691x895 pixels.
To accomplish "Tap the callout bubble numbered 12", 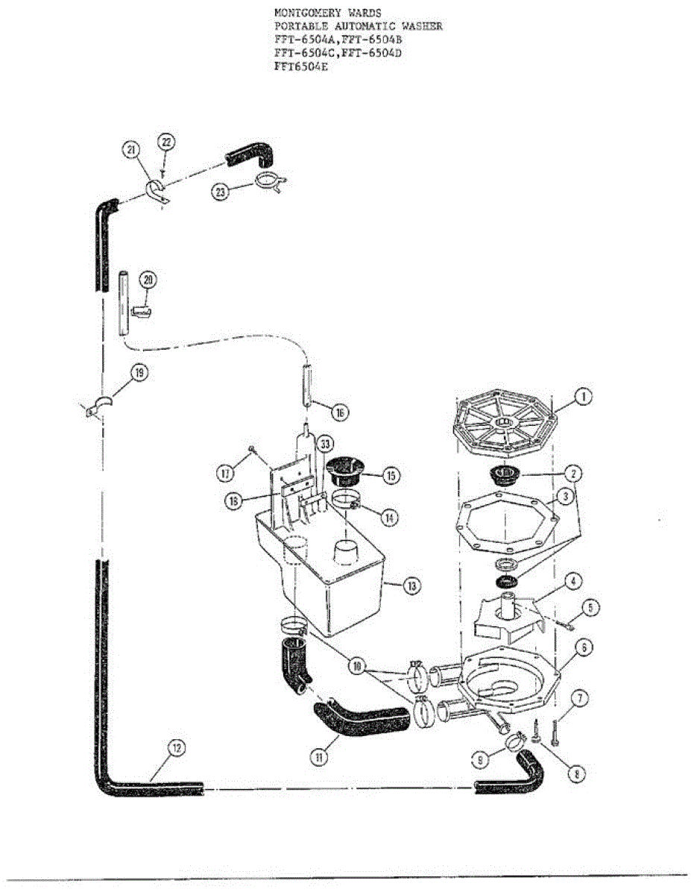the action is point(175,748).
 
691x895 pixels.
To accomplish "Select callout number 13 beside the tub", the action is point(411,585).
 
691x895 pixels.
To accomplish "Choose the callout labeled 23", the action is point(220,192).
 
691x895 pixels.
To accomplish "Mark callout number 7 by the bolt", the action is point(580,699).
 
